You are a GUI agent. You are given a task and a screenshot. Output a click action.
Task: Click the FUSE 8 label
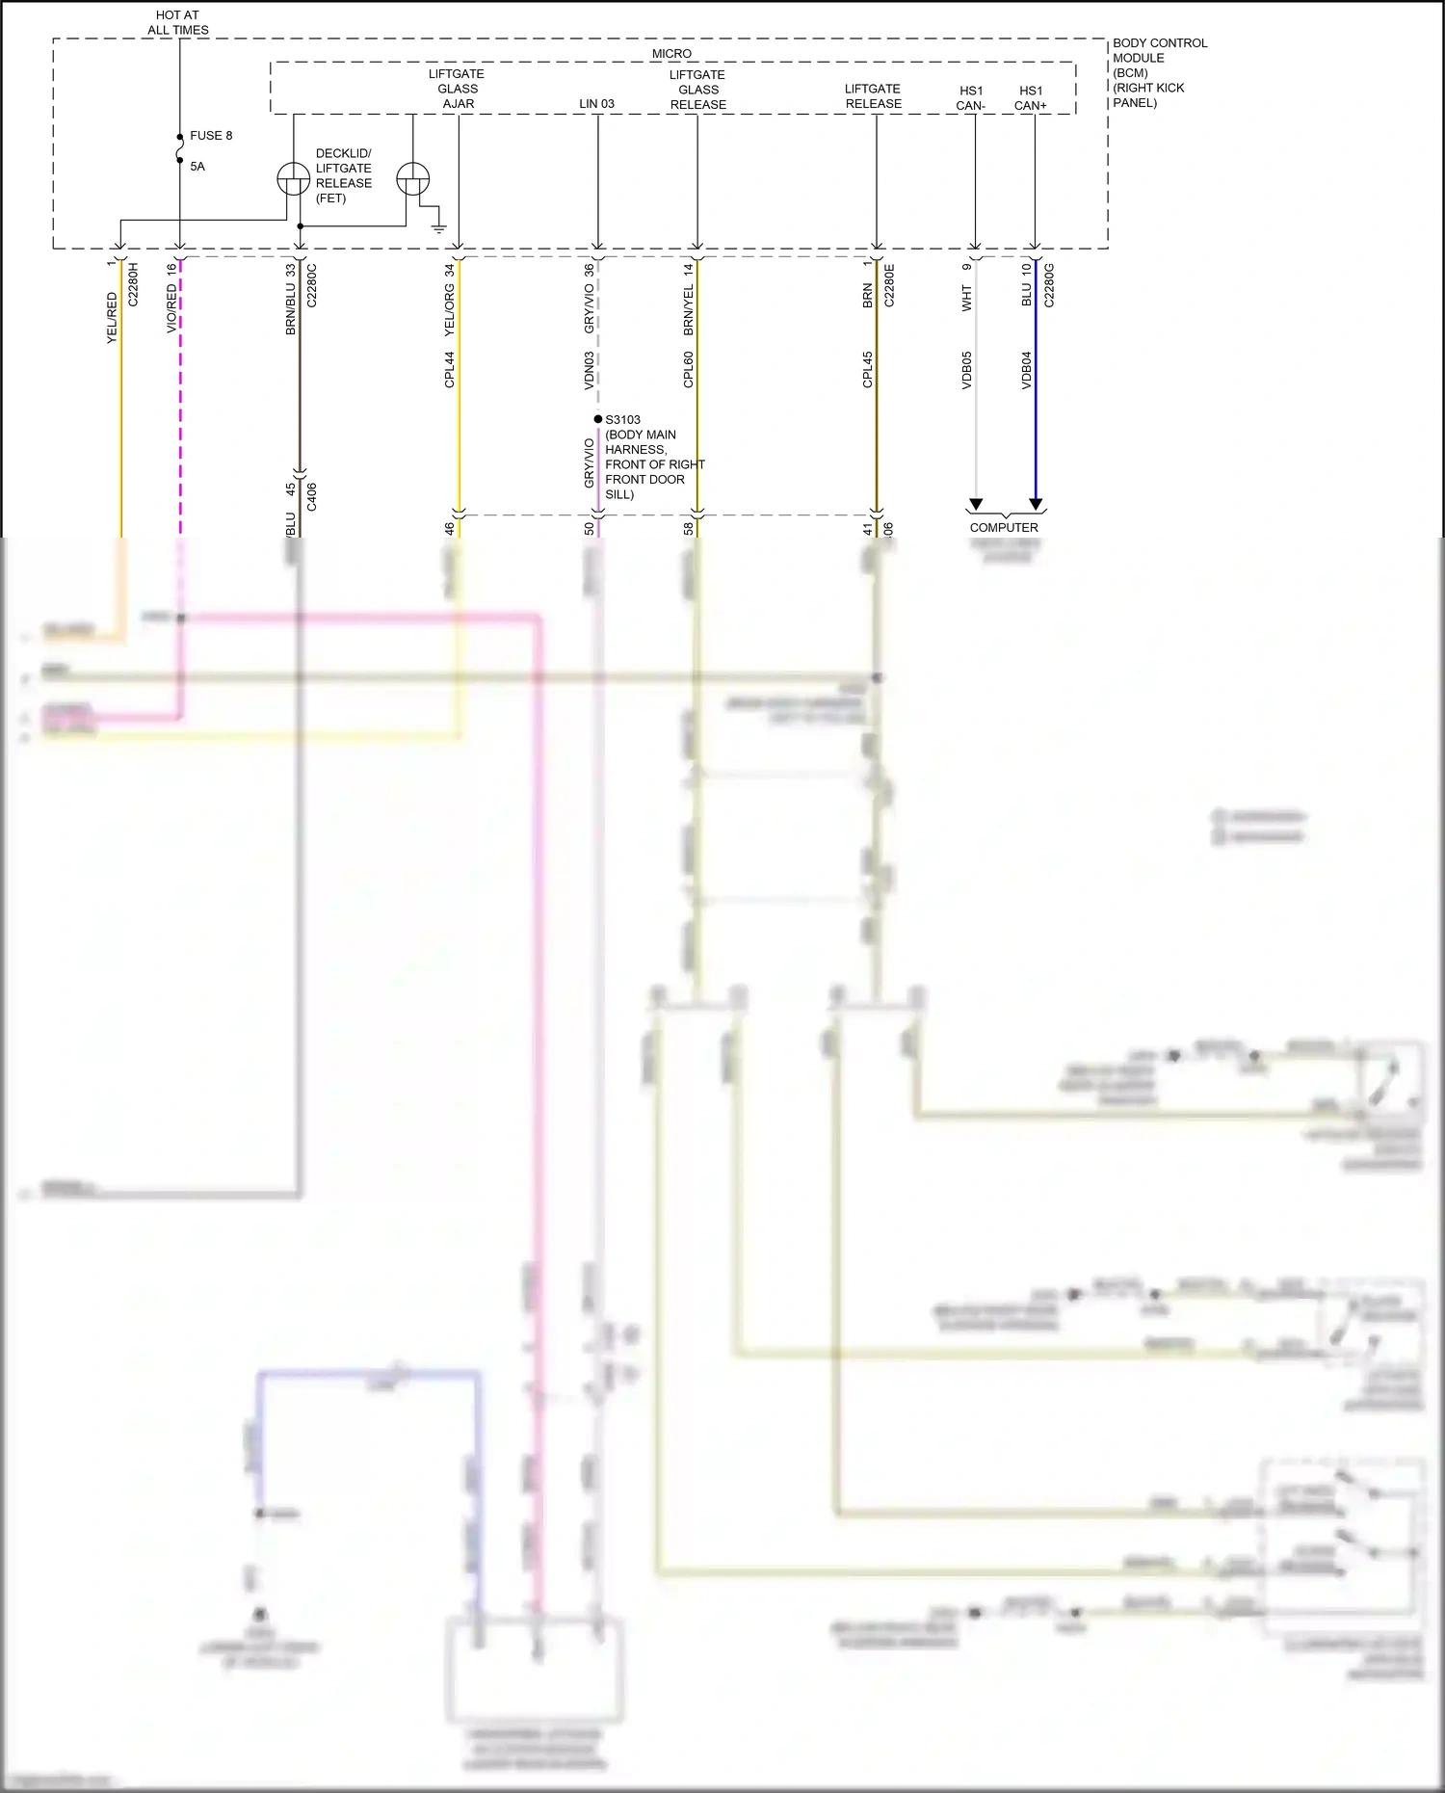[211, 136]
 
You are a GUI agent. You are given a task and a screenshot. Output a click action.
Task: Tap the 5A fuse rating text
[197, 167]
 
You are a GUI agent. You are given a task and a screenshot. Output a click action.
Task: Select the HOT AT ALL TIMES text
[177, 23]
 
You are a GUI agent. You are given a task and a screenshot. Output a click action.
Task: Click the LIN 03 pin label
[596, 104]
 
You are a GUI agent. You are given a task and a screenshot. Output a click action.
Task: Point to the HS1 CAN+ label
[1031, 98]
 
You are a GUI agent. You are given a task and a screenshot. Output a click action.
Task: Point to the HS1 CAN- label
[971, 98]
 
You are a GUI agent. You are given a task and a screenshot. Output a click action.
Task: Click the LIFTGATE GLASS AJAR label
[458, 89]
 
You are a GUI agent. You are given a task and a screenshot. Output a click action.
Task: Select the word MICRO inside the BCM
[671, 54]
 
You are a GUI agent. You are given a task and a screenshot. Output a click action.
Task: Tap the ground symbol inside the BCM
[439, 228]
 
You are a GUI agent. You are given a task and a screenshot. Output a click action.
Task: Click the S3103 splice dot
[598, 419]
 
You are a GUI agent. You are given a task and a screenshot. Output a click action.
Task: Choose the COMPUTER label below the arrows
[1004, 528]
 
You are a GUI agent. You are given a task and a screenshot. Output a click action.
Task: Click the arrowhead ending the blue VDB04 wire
[1036, 505]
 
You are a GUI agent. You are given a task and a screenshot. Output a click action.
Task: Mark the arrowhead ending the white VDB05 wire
[976, 505]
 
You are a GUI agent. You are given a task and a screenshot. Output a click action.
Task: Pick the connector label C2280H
[134, 284]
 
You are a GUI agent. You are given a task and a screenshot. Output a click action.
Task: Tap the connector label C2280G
[1049, 285]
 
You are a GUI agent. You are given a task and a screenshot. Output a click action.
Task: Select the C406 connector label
[311, 497]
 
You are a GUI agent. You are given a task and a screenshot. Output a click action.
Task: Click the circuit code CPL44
[450, 370]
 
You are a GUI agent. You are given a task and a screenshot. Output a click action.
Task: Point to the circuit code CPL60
[689, 370]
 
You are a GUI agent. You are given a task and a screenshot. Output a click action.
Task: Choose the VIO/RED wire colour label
[172, 308]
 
